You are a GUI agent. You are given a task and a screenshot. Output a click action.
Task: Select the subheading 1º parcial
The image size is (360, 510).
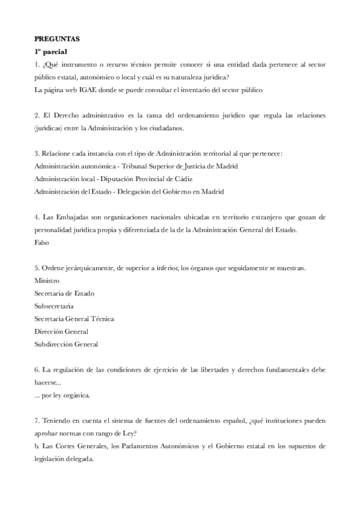coord(50,51)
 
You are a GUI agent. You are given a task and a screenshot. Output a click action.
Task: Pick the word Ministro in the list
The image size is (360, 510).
coord(47,280)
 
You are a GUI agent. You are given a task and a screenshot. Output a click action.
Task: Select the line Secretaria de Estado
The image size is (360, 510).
coord(64,293)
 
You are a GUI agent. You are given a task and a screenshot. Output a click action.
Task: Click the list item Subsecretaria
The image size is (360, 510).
coord(54,306)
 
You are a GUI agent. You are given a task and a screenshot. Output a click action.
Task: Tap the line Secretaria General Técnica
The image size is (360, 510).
coord(74,319)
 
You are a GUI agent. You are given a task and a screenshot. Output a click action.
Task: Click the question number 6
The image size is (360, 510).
coord(37,370)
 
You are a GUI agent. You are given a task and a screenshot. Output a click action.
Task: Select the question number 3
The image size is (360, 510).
coord(37,153)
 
